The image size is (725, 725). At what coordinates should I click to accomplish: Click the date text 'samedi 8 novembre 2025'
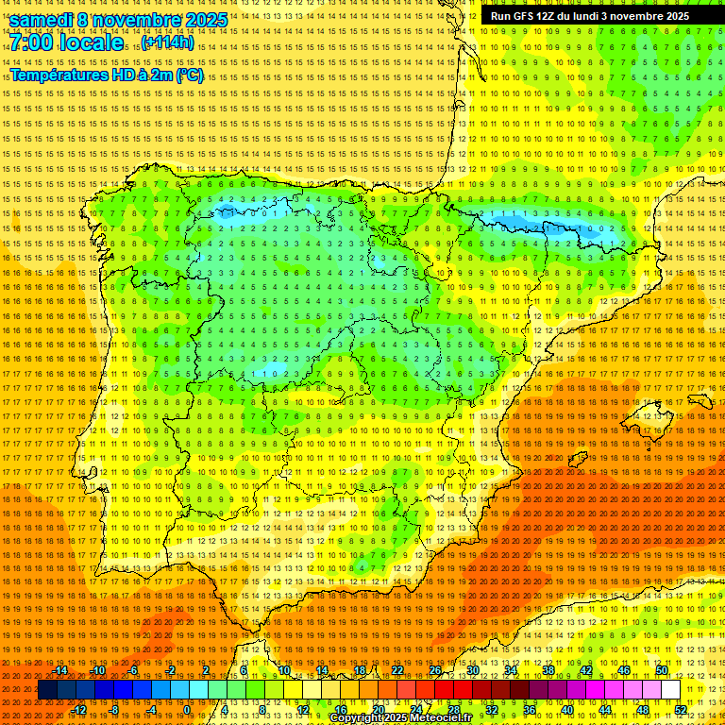tap(118, 20)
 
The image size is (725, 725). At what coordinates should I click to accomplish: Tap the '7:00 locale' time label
tap(66, 43)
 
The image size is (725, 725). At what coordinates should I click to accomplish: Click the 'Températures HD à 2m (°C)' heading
tap(107, 76)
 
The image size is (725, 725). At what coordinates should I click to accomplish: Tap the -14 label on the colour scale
tap(61, 670)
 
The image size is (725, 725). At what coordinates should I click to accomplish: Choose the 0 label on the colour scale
tap(187, 710)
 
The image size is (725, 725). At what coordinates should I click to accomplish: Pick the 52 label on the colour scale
tap(681, 710)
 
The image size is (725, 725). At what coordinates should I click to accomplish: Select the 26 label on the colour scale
tap(435, 670)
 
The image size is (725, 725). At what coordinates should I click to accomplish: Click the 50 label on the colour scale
tap(662, 670)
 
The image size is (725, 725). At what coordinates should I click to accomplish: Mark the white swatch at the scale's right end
tap(671, 690)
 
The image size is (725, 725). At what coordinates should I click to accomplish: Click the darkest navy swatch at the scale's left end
tap(47, 690)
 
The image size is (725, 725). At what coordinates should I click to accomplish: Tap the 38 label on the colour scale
tap(548, 670)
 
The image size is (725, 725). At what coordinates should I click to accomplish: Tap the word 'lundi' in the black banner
tap(581, 16)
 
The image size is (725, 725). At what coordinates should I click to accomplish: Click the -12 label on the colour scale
tap(80, 710)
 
